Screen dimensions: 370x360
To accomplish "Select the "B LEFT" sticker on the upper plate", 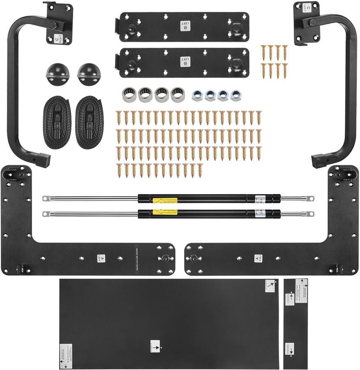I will tap(183, 26).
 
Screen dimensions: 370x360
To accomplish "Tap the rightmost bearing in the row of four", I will tap(178, 95).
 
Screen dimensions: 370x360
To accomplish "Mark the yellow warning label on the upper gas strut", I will tap(165, 201).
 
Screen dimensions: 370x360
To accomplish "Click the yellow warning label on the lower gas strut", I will tap(165, 213).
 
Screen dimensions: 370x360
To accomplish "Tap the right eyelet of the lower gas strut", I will tap(311, 214).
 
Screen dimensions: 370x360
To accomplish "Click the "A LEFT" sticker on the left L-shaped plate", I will tap(101, 258).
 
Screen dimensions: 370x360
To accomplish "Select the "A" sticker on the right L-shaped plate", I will tap(258, 258).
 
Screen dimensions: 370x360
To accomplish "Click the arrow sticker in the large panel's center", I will tap(155, 346).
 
